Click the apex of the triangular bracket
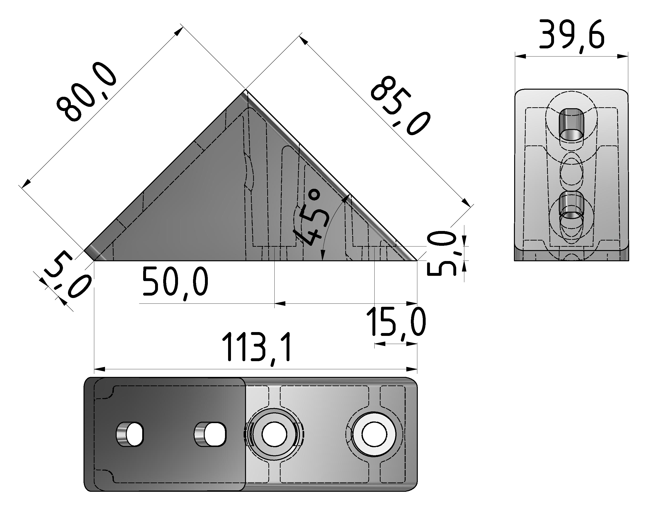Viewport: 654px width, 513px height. tap(246, 89)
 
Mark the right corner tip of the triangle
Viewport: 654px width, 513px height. tap(417, 260)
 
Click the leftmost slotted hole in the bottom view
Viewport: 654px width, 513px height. tap(130, 434)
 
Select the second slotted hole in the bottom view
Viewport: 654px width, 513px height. tap(210, 434)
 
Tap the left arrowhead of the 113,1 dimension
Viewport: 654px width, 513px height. tap(100, 369)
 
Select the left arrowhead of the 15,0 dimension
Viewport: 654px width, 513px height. tap(380, 344)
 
